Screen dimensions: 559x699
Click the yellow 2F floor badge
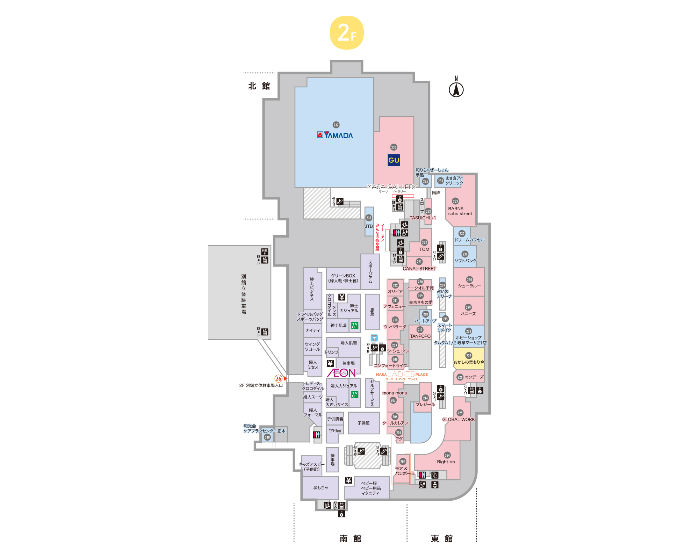coord(347,32)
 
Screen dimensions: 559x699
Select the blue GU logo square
coord(394,160)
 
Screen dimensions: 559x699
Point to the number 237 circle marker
coord(336,125)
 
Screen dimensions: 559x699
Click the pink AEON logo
coord(341,373)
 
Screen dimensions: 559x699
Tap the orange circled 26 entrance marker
coord(278,378)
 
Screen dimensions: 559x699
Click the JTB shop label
coord(369,226)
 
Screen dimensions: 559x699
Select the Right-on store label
coord(446,462)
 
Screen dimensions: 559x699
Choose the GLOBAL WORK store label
coord(458,419)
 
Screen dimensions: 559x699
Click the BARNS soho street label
coord(460,211)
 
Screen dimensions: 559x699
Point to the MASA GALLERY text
coord(391,187)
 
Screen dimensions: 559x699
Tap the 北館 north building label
coord(259,86)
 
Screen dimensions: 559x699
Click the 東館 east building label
coord(441,538)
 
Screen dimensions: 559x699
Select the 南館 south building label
coord(350,538)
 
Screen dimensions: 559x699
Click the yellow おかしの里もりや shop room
coord(468,359)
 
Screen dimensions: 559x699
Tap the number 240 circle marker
coord(267,437)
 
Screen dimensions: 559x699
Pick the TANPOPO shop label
coord(420,336)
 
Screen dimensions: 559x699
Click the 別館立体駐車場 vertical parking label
coord(244,294)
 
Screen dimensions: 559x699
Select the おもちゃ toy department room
coord(320,487)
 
